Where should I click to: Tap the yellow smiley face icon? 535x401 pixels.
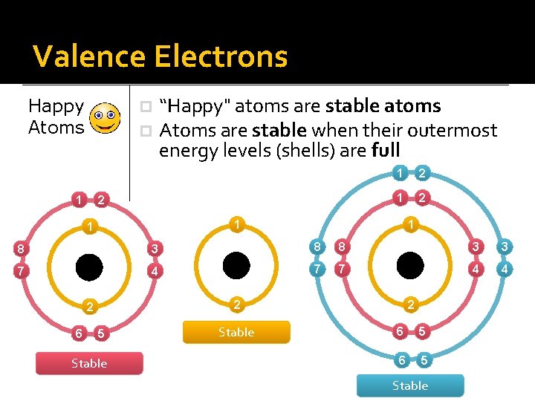click(x=104, y=118)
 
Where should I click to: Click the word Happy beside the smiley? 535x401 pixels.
click(x=56, y=107)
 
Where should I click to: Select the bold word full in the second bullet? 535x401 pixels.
click(x=385, y=151)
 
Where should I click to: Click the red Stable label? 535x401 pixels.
click(x=89, y=363)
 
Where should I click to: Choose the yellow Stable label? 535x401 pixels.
click(x=236, y=332)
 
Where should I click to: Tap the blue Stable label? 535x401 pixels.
click(x=410, y=385)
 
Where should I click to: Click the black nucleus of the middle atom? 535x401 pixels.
click(x=236, y=265)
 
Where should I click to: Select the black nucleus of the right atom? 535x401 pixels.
click(x=409, y=265)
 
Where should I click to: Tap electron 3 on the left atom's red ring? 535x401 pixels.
click(x=152, y=248)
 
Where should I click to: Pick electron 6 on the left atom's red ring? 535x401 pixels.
click(x=79, y=333)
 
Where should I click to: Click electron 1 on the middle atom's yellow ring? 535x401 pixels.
click(x=236, y=224)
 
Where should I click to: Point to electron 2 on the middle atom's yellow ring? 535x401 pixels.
click(x=236, y=304)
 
